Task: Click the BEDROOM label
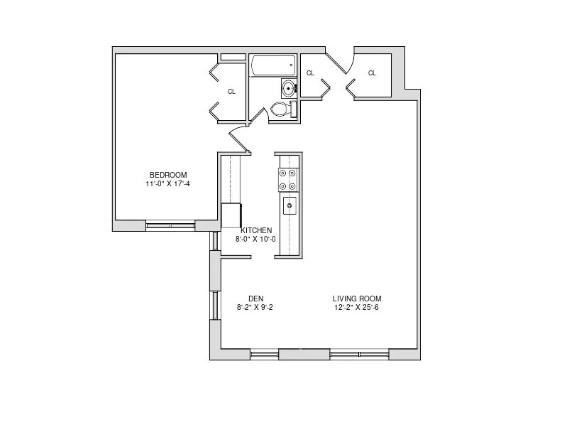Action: tap(167, 176)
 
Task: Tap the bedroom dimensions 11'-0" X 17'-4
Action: tap(167, 184)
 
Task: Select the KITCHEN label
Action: tap(256, 231)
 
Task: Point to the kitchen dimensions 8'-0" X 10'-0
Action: tap(256, 240)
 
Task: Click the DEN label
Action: tap(256, 299)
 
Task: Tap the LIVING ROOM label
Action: tap(357, 299)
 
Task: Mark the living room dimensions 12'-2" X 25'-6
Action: tap(357, 307)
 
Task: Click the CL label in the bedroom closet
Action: tap(231, 92)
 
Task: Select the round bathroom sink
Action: tap(288, 88)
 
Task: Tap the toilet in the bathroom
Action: tap(282, 109)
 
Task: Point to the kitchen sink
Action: tap(290, 206)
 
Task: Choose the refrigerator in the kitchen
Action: tap(231, 215)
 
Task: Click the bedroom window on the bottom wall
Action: tap(170, 226)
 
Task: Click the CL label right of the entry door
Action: tap(372, 73)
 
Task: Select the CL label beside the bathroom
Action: tap(310, 73)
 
